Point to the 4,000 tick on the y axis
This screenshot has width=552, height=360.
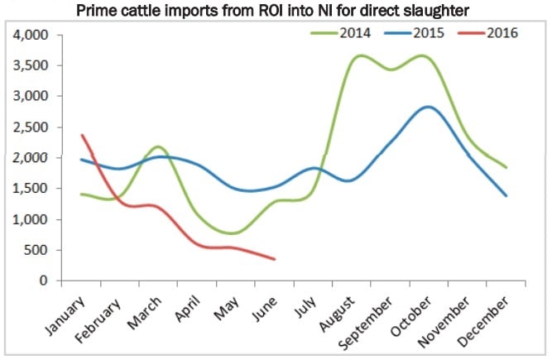pyautogui.click(x=31, y=36)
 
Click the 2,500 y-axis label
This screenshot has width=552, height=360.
pyautogui.click(x=31, y=127)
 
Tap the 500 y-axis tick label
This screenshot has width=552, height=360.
pyautogui.click(x=36, y=250)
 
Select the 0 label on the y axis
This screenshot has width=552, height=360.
pyautogui.click(x=44, y=281)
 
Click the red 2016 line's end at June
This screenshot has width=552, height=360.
pyautogui.click(x=274, y=259)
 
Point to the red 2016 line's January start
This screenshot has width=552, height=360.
pyautogui.click(x=81, y=135)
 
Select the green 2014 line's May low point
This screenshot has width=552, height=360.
pyautogui.click(x=234, y=233)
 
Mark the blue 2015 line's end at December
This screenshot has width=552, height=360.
pyautogui.click(x=505, y=195)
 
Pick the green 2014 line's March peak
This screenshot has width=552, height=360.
pyautogui.click(x=159, y=146)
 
